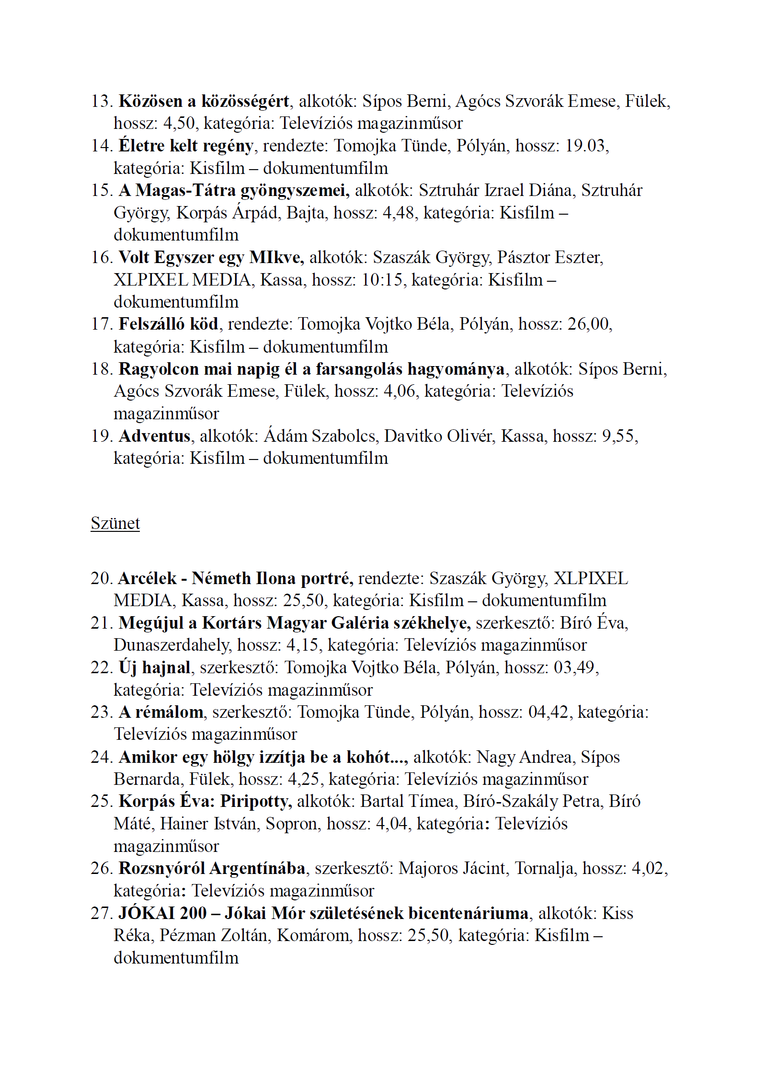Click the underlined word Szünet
[115, 523]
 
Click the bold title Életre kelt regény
[186, 146]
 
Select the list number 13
[101, 101]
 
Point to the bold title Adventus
[154, 436]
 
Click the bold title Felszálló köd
[169, 324]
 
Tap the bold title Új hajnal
[154, 667]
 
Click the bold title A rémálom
[161, 712]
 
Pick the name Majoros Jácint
[452, 868]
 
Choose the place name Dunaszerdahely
[171, 645]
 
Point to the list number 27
[101, 913]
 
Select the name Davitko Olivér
[438, 436]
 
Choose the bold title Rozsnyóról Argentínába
[212, 868]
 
